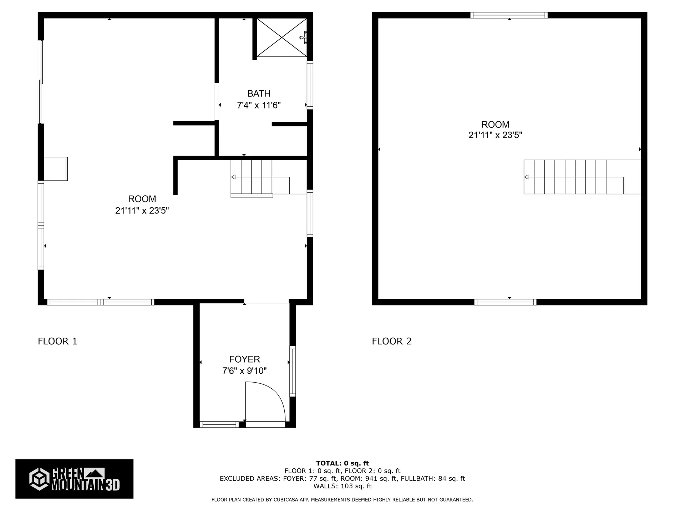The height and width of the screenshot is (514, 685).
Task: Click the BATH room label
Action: [259, 94]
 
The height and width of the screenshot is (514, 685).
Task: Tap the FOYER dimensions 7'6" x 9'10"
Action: [244, 371]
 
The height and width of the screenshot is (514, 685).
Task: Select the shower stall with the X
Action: [281, 37]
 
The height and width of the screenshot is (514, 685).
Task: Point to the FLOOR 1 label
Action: [57, 341]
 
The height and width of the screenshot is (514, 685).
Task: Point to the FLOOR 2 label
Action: [391, 341]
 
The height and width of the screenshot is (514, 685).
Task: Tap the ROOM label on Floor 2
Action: [495, 125]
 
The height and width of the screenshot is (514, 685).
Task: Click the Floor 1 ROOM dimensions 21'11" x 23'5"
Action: [142, 211]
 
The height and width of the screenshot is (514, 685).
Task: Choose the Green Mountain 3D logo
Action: [74, 479]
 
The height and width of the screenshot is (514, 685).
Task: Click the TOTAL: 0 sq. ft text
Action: [342, 463]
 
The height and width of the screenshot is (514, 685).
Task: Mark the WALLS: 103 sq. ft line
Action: [342, 486]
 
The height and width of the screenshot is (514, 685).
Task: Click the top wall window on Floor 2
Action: [509, 15]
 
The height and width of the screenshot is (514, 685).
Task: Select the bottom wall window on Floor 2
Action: [505, 302]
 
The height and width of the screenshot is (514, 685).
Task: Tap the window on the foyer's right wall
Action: [293, 371]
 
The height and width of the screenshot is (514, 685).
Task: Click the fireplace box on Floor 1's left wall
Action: [56, 168]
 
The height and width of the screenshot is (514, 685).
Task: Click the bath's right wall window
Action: [310, 85]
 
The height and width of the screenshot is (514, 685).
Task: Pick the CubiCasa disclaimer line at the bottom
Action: [342, 500]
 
